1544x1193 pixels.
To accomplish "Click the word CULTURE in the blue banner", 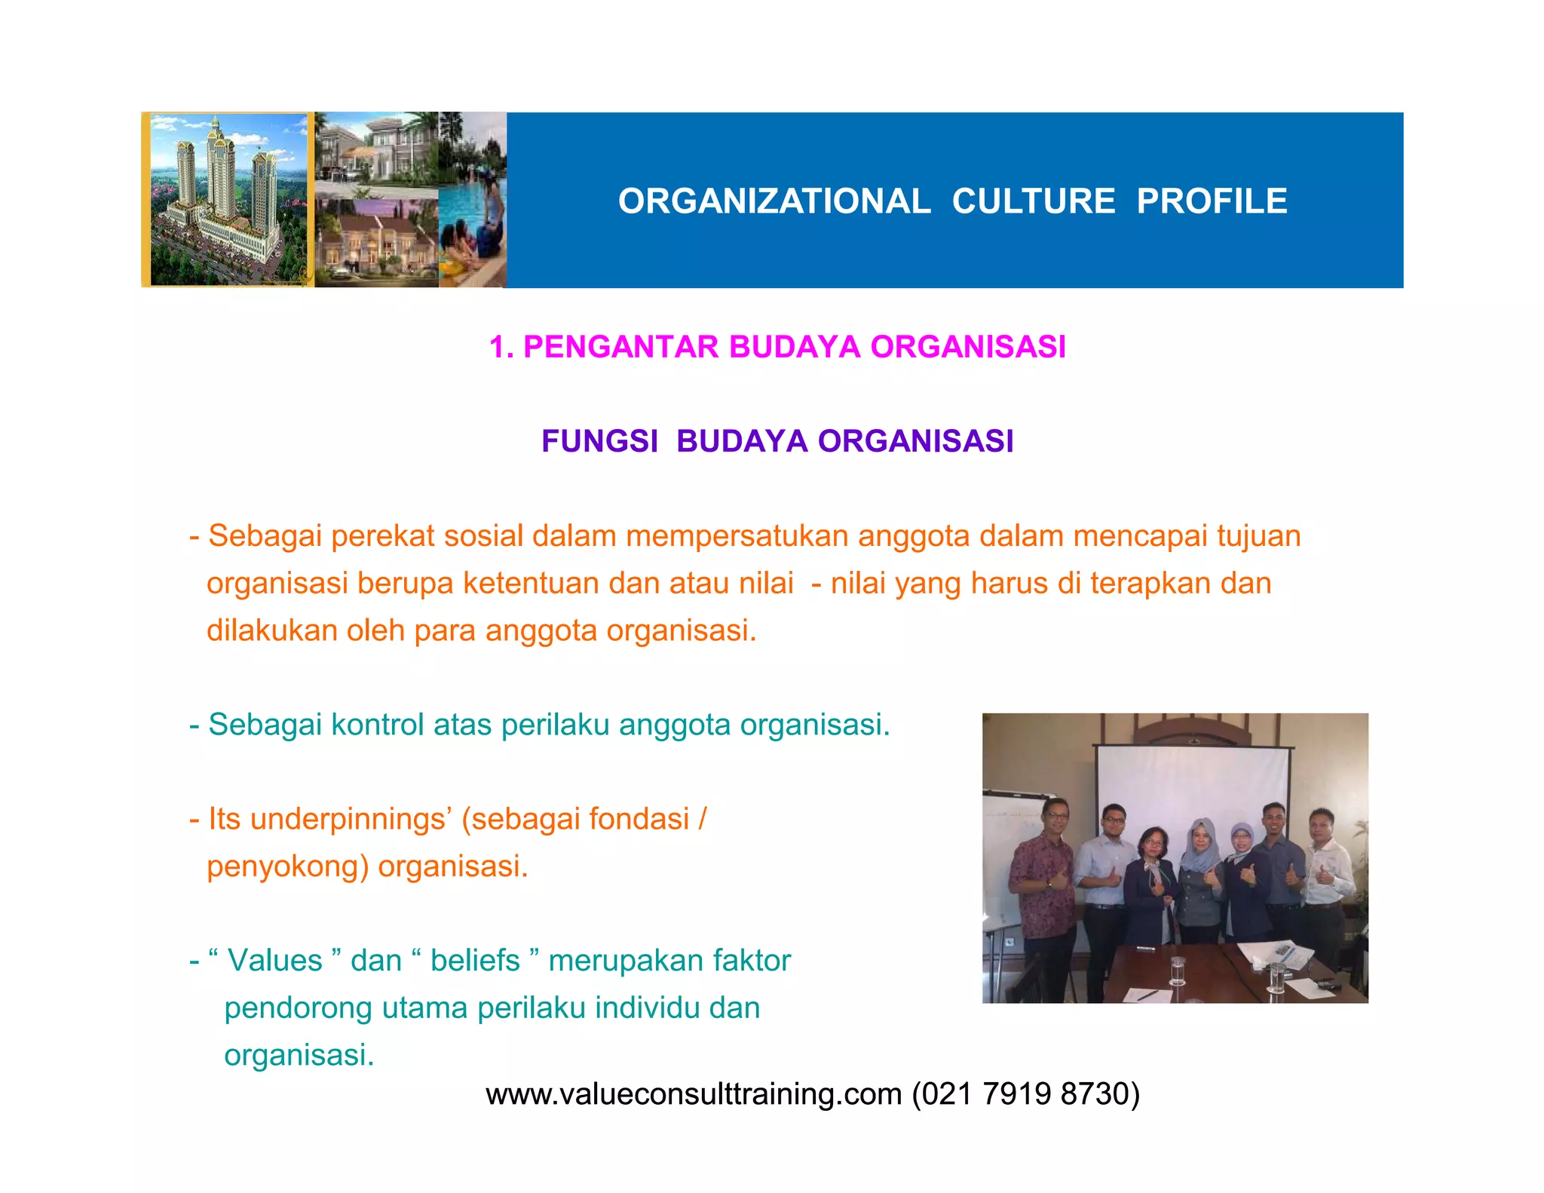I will click(1033, 201).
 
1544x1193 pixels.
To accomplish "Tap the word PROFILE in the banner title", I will click(1212, 201).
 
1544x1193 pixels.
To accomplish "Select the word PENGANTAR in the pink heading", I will click(620, 347).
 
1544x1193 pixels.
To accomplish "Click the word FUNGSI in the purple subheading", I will click(599, 441).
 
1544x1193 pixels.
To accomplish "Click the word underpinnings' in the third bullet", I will click(351, 819).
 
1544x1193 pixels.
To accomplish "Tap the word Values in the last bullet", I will click(274, 961).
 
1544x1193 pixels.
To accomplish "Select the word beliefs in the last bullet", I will click(475, 961).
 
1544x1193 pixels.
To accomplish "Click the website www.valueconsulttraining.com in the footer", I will click(694, 1094).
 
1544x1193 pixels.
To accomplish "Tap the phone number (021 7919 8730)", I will click(1025, 1094).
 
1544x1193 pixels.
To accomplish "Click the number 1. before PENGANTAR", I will click(501, 347).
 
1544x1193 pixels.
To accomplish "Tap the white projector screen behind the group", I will click(1191, 784).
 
